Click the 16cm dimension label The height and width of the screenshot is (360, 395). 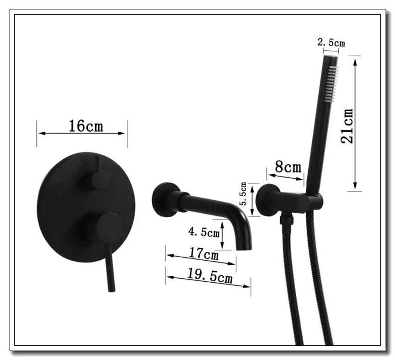(86, 126)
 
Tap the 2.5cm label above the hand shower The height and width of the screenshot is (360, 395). (331, 43)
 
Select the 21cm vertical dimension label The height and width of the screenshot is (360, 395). (347, 126)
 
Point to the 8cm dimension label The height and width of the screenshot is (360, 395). (288, 167)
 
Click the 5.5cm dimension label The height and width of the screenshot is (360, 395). (243, 193)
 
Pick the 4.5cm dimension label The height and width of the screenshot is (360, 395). (204, 232)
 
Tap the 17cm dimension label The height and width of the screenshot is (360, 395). (203, 253)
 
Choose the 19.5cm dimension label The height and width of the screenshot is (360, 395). (209, 275)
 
